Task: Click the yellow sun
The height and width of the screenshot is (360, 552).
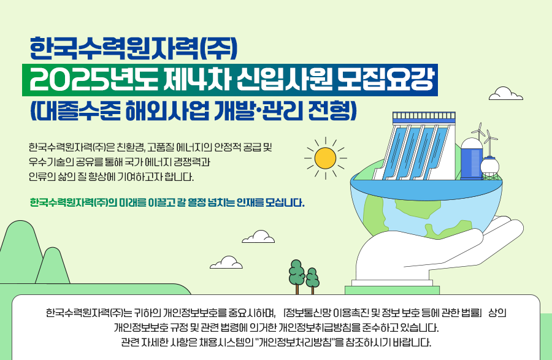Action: [x=325, y=158]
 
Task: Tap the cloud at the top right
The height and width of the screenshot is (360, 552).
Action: [x=506, y=94]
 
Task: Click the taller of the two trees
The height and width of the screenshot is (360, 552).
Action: [x=296, y=277]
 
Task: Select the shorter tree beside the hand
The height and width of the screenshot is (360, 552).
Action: [x=312, y=280]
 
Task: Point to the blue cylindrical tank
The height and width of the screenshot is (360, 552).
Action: [x=472, y=159]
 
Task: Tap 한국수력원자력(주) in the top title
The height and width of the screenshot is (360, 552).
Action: [x=134, y=48]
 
